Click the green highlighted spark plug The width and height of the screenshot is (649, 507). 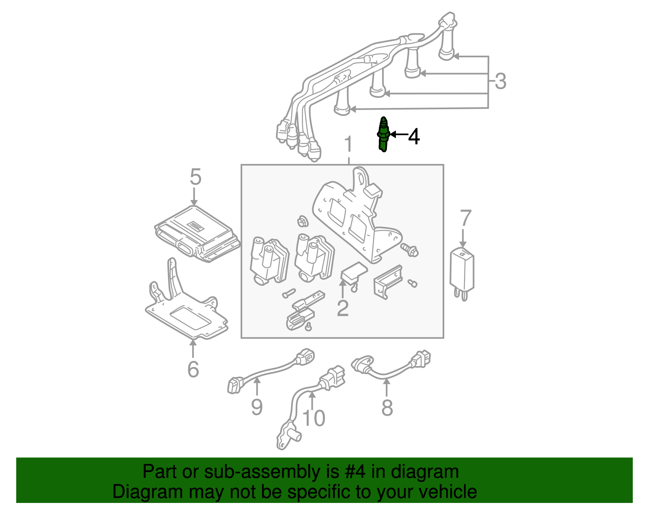pyautogui.click(x=383, y=134)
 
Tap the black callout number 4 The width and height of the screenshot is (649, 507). pyautogui.click(x=414, y=136)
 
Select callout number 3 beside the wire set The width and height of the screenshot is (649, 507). pyautogui.click(x=501, y=81)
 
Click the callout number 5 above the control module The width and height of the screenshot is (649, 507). pyautogui.click(x=195, y=177)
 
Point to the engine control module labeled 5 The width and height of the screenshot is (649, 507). pyautogui.click(x=197, y=233)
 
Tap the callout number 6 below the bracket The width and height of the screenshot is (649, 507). pyautogui.click(x=193, y=369)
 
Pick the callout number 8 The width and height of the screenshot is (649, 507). pyautogui.click(x=387, y=408)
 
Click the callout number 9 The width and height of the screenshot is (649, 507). pyautogui.click(x=257, y=407)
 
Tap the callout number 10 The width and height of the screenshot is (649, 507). pyautogui.click(x=314, y=418)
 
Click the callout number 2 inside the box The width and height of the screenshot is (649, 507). pyautogui.click(x=343, y=309)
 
